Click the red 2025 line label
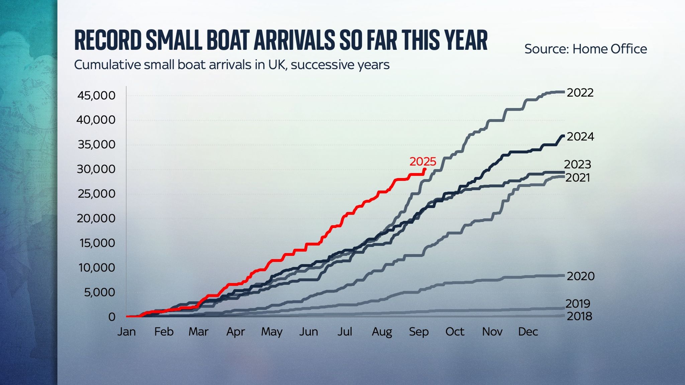(423, 162)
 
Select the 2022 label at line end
(580, 93)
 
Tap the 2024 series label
(580, 137)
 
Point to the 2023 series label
(578, 164)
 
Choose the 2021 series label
(578, 178)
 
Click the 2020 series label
(581, 276)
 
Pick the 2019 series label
(578, 303)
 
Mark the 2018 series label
(579, 316)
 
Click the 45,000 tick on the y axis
(96, 96)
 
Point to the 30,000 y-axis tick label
(96, 169)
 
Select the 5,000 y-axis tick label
(99, 292)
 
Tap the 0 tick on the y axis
(112, 317)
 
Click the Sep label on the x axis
(419, 332)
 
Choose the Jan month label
(126, 332)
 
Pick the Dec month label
(528, 332)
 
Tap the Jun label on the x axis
(308, 332)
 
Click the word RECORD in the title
(108, 40)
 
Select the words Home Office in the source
(609, 49)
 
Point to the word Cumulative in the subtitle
(107, 65)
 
